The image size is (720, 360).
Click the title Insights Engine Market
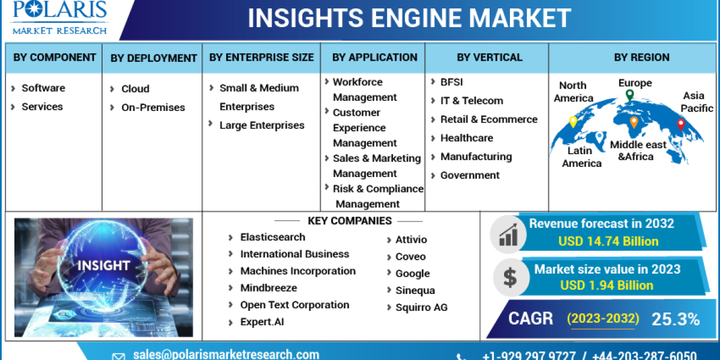409,18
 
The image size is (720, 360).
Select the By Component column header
55,58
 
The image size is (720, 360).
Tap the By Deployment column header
154,58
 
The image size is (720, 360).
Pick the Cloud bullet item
135,89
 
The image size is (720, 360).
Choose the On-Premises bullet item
153,107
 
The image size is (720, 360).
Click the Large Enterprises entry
262,125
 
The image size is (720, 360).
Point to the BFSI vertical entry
451,82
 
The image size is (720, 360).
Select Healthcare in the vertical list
466,138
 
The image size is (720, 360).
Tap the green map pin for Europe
629,95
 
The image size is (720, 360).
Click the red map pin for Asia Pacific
680,124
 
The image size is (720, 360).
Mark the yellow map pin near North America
573,122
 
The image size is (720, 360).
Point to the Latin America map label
581,157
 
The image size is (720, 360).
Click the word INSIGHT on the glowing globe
103,265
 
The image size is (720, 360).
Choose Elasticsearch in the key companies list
272,237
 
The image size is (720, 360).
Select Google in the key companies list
412,274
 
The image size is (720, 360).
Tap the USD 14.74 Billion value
608,241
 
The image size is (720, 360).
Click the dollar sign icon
509,278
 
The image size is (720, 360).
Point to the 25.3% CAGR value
676,319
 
